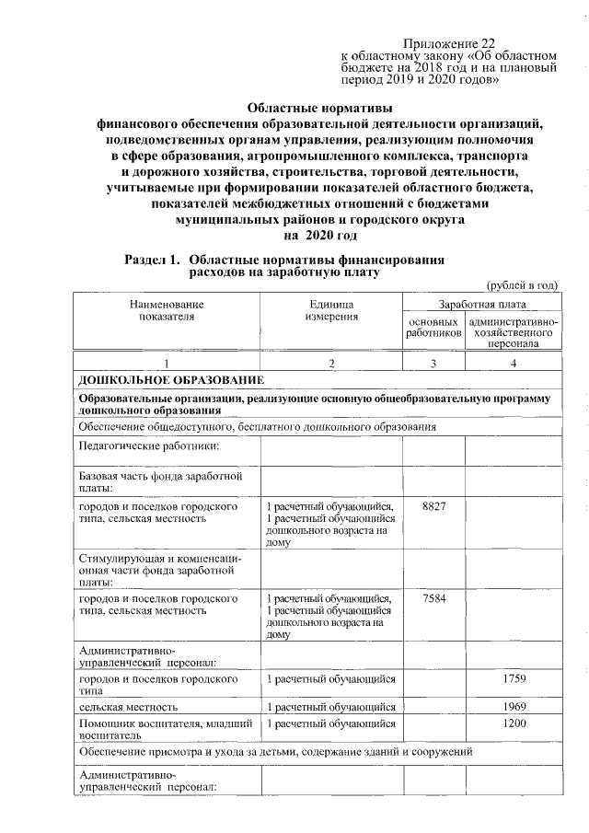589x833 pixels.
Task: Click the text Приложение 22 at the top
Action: pos(448,43)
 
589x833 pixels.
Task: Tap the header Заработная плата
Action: pos(481,303)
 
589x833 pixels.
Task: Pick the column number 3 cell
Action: pos(433,364)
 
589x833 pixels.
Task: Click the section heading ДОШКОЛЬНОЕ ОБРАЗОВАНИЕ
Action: pos(171,380)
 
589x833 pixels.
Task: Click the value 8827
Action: pos(433,507)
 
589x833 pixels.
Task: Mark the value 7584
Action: pos(433,599)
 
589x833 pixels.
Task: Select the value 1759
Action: pos(513,679)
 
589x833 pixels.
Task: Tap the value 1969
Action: pos(513,706)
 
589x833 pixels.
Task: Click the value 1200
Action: pos(513,723)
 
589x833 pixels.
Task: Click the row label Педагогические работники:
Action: pos(148,446)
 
